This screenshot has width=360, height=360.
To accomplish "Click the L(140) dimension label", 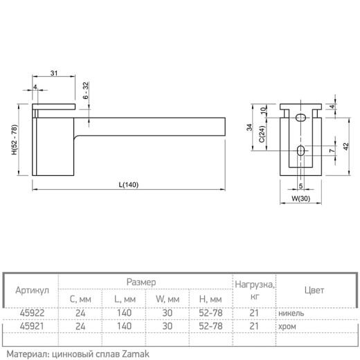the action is tap(129, 185).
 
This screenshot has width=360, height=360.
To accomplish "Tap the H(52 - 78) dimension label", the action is tap(15, 140).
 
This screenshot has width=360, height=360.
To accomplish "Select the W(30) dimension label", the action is tap(300, 198).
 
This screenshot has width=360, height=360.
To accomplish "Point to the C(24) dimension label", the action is tap(262, 134).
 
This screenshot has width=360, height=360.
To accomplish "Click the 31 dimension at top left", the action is tap(54, 73).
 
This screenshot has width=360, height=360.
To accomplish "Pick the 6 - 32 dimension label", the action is tap(86, 90).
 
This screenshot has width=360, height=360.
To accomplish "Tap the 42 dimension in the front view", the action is tap(346, 147).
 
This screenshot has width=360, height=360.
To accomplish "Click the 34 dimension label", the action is tap(249, 127).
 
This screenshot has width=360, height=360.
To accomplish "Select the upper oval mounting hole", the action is tap(300, 118).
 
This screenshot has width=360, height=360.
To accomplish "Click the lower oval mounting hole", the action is tap(300, 151).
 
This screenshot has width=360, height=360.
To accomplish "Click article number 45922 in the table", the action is tap(32, 313).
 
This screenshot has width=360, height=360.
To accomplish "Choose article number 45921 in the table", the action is tap(32, 326).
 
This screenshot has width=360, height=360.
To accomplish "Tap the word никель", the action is tap(291, 314).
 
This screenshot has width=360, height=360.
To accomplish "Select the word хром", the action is tap(287, 327).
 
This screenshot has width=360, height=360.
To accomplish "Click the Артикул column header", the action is tap(33, 290).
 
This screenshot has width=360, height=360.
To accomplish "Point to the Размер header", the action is tap(141, 282).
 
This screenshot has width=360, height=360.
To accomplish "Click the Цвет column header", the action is tap(314, 290).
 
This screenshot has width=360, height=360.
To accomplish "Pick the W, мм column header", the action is tap(168, 299).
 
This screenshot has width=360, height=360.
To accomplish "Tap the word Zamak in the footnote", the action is tap(136, 354).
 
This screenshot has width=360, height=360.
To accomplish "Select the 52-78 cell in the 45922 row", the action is tap(210, 313).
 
